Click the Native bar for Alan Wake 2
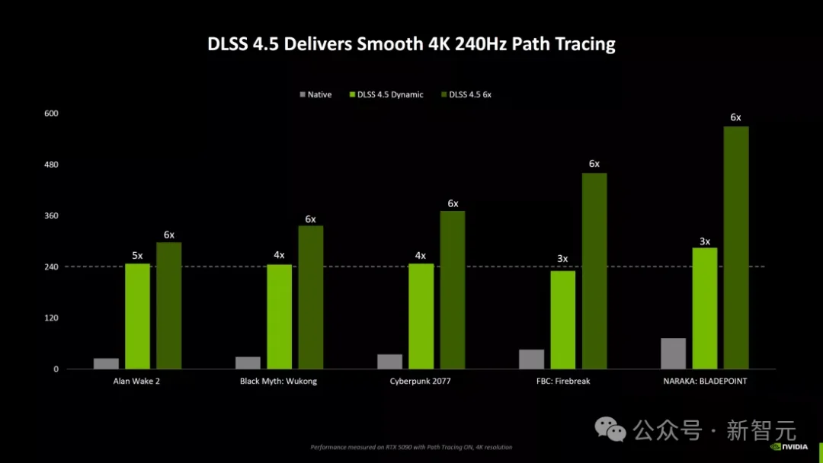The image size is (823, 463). pos(106,363)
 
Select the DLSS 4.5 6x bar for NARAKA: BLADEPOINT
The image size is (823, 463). pos(736,247)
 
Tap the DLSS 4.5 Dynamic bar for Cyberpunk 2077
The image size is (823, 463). pos(421,316)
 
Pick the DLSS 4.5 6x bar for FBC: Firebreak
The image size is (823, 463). pos(594,271)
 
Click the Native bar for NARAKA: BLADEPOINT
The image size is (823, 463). pos(673,353)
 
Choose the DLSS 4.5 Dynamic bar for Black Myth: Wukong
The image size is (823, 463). pos(280,317)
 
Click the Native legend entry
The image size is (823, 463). pos(315,94)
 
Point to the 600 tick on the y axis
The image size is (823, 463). pos(52,113)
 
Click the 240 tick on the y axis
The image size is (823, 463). pos(52,267)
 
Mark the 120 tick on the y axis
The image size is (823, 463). pos(52,318)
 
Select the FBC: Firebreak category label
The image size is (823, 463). pos(562,382)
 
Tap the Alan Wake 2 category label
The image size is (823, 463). pos(137,382)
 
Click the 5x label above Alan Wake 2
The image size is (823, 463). pos(137,256)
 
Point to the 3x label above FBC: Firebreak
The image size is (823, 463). pos(562,259)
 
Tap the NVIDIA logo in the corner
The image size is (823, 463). pos(793,447)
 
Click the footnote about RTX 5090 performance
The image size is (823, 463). pos(411,447)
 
